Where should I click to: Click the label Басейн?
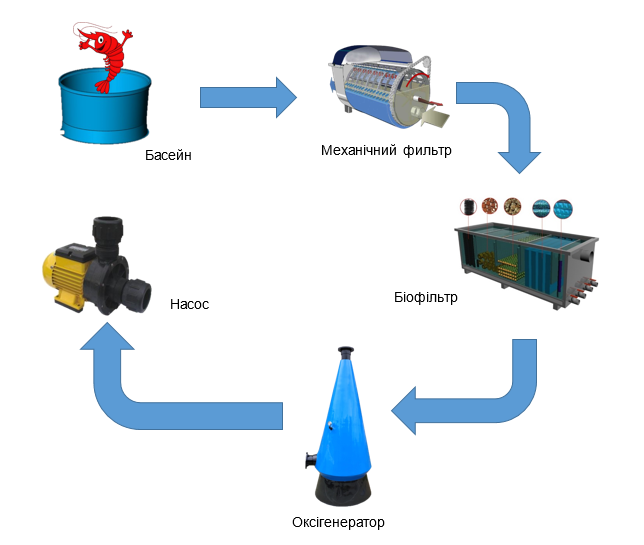(168, 155)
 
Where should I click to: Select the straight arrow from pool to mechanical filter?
(248, 98)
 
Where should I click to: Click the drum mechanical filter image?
(388, 88)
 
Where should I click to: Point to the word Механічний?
(359, 150)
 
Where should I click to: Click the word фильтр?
(427, 151)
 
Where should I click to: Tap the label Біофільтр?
(426, 297)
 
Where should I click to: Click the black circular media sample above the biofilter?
(468, 207)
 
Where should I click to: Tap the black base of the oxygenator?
(343, 491)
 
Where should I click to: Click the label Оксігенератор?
(338, 522)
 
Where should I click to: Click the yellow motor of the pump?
(68, 279)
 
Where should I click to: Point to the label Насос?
(189, 304)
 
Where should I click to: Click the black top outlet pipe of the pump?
(108, 235)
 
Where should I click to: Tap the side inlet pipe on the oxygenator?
(310, 460)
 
